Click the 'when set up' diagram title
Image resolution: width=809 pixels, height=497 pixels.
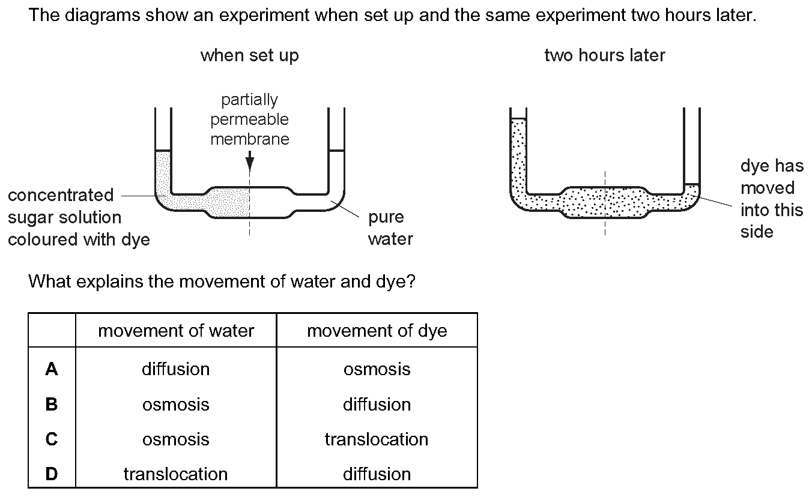250,56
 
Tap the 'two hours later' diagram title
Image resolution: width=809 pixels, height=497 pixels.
605,55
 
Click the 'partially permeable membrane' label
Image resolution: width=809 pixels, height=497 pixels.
250,119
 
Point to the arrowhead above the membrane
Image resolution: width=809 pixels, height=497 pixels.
250,164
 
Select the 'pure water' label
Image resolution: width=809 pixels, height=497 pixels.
390,228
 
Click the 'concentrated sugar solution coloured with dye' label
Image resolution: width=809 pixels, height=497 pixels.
79,217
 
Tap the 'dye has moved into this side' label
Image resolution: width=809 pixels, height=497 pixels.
772,199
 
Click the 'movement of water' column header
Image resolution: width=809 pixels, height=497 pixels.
176,331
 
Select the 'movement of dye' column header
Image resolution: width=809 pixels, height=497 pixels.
377,331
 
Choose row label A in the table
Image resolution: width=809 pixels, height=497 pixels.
51,369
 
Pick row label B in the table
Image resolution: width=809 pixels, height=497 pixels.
51,404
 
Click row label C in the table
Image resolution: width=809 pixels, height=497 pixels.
51,439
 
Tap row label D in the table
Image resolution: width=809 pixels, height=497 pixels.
51,474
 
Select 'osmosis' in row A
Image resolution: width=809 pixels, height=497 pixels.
377,369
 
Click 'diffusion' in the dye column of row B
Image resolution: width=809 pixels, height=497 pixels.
377,404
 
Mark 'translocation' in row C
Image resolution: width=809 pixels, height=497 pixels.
377,439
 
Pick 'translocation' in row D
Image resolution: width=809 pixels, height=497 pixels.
175,474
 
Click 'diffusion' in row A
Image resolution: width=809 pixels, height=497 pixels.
175,369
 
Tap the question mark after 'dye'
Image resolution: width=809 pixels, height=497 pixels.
411,282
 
